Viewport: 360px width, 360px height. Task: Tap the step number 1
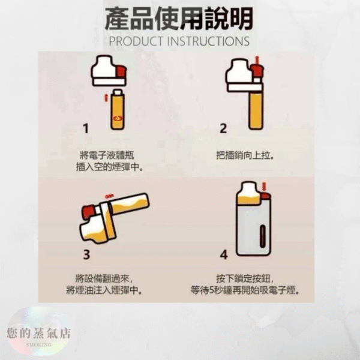[x=85, y=128]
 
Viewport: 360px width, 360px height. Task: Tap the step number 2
[x=223, y=128]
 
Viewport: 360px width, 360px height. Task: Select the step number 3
[x=86, y=254]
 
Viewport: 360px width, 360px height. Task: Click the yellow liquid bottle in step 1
[x=117, y=114]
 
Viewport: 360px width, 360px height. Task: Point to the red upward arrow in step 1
[x=107, y=97]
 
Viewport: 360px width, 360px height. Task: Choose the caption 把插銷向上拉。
[x=245, y=155]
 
